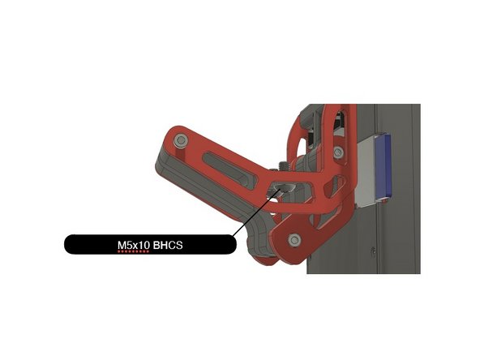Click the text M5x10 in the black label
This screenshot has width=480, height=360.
pyautogui.click(x=134, y=245)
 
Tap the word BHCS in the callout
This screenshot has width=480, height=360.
pyautogui.click(x=168, y=245)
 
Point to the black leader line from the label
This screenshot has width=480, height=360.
pyautogui.click(x=256, y=213)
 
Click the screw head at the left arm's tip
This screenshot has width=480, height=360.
pyautogui.click(x=181, y=141)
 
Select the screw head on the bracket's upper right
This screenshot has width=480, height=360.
pyautogui.click(x=338, y=152)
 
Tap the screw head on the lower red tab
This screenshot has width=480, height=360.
pyautogui.click(x=294, y=240)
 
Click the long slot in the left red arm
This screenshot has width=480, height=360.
pyautogui.click(x=229, y=171)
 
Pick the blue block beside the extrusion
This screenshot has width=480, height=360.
pyautogui.click(x=384, y=165)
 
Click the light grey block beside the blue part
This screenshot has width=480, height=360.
pyautogui.click(x=366, y=171)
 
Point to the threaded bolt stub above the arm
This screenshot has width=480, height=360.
pyautogui.click(x=282, y=165)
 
